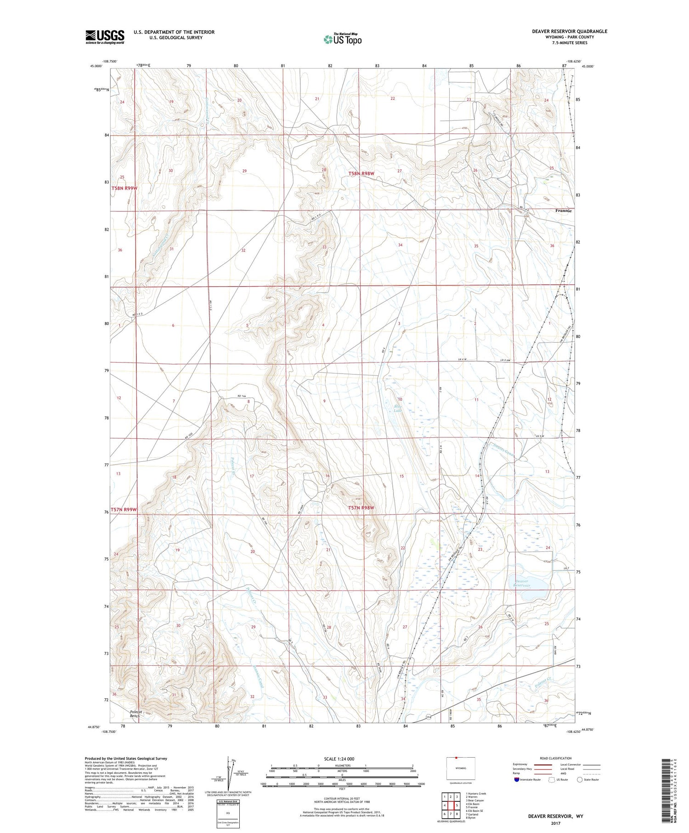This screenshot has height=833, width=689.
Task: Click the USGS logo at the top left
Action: point(105,37)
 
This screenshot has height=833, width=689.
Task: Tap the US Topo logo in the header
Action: point(342,40)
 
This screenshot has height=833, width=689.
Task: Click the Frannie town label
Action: point(563,211)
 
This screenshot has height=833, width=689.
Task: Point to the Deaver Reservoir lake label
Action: point(522,584)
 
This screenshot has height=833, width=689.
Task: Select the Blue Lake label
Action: point(397,408)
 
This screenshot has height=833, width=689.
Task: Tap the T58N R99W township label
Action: point(124,188)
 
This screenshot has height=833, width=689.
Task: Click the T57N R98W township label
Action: point(361,508)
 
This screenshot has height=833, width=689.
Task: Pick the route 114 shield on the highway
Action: point(429,717)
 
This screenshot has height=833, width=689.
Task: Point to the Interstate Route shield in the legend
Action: point(517,780)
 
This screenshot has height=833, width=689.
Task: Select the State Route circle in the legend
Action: point(580,780)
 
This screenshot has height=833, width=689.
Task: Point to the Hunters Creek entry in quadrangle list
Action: point(476,793)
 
